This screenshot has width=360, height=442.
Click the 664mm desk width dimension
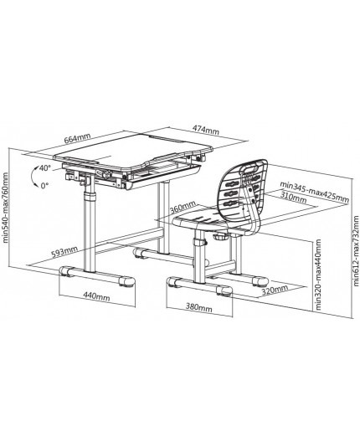pyautogui.click(x=77, y=139)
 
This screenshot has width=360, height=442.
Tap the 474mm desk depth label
pyautogui.click(x=206, y=130)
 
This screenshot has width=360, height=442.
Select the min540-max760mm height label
pyautogui.click(x=5, y=208)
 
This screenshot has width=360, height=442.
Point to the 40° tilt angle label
pyautogui.click(x=44, y=168)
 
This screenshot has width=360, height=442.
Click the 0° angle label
pyautogui.click(x=44, y=186)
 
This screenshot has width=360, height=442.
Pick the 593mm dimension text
pyautogui.click(x=64, y=251)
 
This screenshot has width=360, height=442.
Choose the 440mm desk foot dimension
pyautogui.click(x=96, y=296)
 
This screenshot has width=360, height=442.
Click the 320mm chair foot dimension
pyautogui.click(x=275, y=290)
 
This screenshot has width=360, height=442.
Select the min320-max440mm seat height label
pyautogui.click(x=318, y=275)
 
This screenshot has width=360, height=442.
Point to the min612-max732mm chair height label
pyautogui.click(x=356, y=251)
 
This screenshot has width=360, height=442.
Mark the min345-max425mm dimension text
pyautogui.click(x=314, y=192)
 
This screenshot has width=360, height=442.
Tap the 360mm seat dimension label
pyautogui.click(x=183, y=208)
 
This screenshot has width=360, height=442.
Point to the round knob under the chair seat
pyautogui.click(x=221, y=235)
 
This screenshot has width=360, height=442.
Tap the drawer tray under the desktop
pyautogui.click(x=163, y=175)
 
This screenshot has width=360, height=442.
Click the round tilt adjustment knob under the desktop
pyautogui.click(x=107, y=175)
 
